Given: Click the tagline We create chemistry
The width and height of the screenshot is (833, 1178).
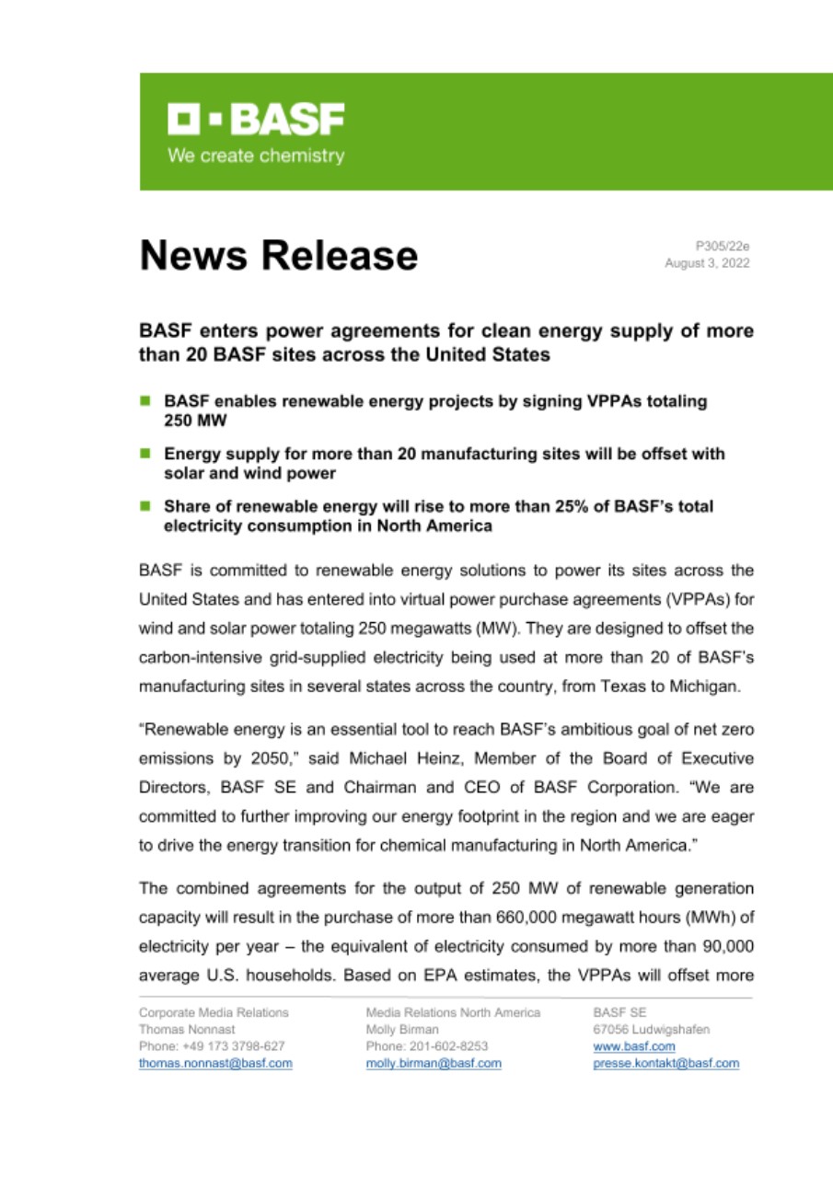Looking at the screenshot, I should pos(255,156).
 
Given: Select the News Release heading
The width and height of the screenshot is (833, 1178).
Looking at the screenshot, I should pos(278,255).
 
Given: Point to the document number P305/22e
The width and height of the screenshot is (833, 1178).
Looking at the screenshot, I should pos(723,246).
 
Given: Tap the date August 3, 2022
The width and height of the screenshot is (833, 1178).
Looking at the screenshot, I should pos(706,263).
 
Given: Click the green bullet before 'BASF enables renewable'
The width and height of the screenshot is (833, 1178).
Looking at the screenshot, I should pos(145,401).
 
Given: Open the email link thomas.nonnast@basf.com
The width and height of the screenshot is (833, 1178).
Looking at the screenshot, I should pos(215,1063).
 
